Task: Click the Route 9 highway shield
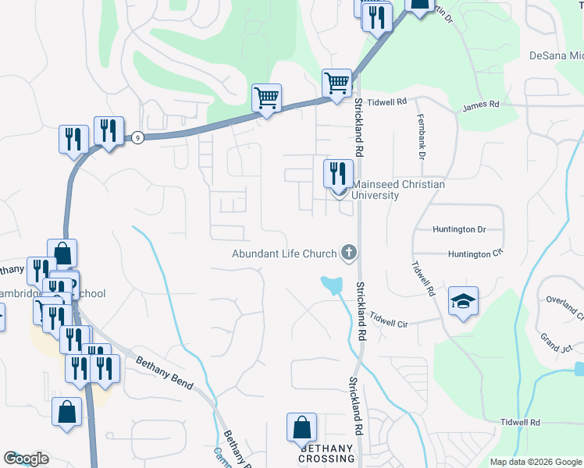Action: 137,137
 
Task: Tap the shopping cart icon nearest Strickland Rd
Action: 337,82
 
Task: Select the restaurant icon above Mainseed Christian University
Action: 337,173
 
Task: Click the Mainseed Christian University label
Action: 398,190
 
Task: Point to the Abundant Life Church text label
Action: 283,253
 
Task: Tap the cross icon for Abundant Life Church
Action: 348,253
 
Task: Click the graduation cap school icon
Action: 463,302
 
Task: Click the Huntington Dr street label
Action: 459,229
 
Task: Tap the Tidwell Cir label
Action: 394,319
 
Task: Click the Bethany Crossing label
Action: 326,454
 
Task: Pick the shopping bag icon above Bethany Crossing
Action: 301,428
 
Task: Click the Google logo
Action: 26,459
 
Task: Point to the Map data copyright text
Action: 536,462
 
